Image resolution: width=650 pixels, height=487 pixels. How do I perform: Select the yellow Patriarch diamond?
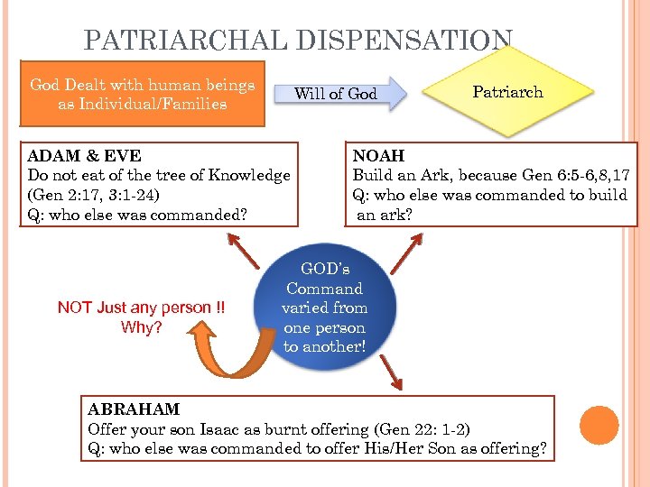click(507, 92)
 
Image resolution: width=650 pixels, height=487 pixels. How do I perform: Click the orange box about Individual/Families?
click(143, 94)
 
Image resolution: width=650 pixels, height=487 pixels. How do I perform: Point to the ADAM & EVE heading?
click(85, 156)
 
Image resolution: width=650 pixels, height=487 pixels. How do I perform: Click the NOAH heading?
click(378, 156)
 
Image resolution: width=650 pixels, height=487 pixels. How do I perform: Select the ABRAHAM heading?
click(134, 409)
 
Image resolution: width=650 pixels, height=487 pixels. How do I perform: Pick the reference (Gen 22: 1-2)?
click(422, 429)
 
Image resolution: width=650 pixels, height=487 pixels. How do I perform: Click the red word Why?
click(142, 326)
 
